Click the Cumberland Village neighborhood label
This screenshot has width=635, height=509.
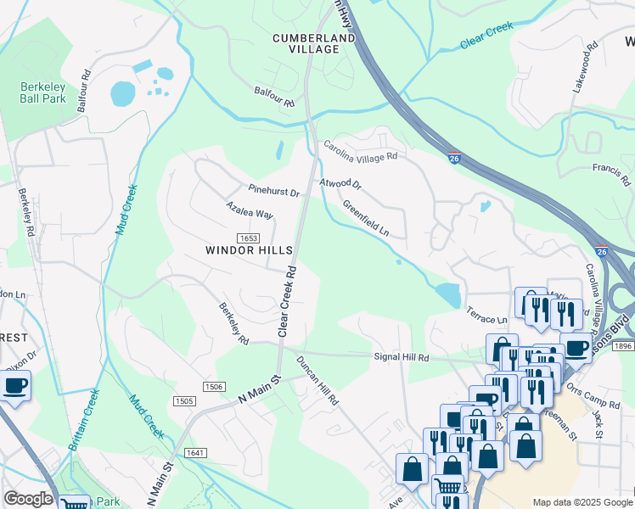click(306, 43)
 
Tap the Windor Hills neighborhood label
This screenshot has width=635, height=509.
click(249, 250)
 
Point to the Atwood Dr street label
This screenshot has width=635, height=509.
click(340, 184)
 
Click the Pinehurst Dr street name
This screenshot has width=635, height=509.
click(274, 190)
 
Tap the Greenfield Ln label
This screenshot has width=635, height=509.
click(366, 218)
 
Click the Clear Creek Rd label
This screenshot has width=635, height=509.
click(286, 300)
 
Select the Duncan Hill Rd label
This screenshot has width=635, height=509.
click(317, 379)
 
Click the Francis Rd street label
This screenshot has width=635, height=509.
click(612, 175)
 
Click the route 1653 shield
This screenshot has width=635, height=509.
click(248, 238)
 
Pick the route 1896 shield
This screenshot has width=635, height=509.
click(621, 346)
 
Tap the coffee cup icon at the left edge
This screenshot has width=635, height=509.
click(14, 388)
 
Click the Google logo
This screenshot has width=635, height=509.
click(28, 499)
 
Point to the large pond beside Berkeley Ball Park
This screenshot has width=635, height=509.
click(123, 93)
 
